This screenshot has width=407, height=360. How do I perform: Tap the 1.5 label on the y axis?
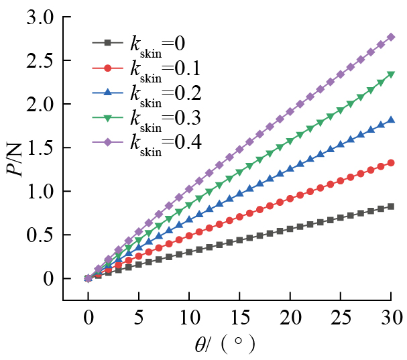39,148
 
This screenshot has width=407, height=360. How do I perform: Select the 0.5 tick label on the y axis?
39,235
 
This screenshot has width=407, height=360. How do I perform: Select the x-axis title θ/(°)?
223,345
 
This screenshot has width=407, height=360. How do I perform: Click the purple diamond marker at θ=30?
391,37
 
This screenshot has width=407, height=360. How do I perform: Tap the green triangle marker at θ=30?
391,75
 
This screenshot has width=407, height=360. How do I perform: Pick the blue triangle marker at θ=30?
391,120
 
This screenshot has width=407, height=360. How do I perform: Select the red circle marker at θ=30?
391,162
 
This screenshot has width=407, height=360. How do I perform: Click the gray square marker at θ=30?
391,206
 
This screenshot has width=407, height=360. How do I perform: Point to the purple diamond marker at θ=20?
290,112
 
